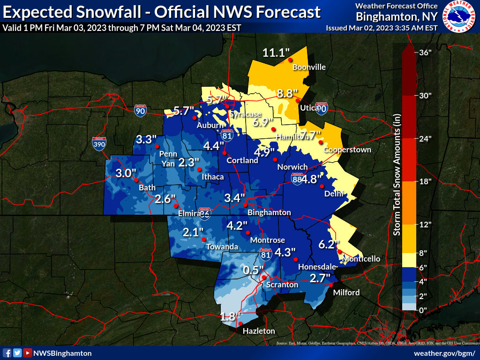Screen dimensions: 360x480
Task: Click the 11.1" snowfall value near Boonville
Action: tap(274, 52)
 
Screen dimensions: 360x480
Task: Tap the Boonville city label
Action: tap(309, 67)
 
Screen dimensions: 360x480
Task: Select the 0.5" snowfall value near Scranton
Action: tap(254, 270)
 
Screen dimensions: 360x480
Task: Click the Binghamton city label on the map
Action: tap(269, 212)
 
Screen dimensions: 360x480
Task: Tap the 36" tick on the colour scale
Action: tap(425, 52)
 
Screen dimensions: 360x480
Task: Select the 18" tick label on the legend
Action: tap(425, 181)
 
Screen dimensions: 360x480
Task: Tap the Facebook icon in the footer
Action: tap(7, 353)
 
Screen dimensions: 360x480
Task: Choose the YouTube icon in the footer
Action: tap(28, 353)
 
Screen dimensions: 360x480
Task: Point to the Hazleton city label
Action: tap(259, 331)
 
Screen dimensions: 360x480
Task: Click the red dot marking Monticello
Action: tap(339, 251)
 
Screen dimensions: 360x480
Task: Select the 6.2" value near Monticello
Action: tap(328, 244)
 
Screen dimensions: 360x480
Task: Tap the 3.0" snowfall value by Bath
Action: tap(126, 173)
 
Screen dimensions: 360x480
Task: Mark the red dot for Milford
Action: tap(330, 285)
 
